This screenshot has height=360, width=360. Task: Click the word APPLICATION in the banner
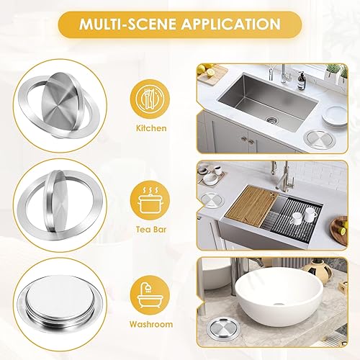pos(230,24)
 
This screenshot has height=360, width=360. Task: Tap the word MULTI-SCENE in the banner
pos(128,24)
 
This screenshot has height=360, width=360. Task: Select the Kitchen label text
pos(151,128)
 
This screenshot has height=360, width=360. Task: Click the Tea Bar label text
pos(151,230)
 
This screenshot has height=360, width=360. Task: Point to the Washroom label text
pos(151,324)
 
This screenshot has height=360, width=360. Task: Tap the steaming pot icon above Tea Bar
pos(150,200)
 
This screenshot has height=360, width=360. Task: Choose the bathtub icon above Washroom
pos(150,295)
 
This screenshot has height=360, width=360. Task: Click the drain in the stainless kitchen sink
pos(272,120)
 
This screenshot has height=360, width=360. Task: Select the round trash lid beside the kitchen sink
pos(319,140)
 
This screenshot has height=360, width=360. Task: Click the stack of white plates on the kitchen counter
pos(335,115)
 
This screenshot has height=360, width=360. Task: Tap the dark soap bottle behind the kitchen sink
pos(301,81)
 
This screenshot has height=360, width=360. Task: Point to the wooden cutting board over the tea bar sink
pos(252,206)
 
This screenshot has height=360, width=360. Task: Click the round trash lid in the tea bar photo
pos(212,199)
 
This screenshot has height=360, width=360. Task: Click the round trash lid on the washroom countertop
pos(222,328)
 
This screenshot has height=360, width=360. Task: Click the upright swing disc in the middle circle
pos(56,201)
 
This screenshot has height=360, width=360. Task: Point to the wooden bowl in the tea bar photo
pos(339,230)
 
